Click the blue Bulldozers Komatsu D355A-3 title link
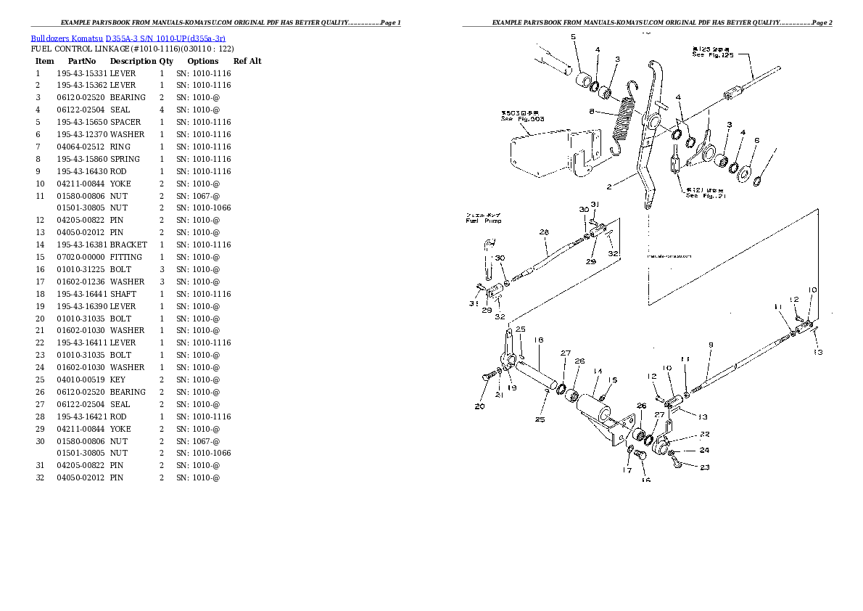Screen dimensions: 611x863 click(x=128, y=38)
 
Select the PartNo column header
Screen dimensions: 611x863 click(x=82, y=62)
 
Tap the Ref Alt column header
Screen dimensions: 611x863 click(x=247, y=62)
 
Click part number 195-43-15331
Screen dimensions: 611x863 click(x=81, y=73)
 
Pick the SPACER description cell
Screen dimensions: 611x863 click(x=125, y=122)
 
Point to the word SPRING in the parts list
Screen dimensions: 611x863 click(x=125, y=159)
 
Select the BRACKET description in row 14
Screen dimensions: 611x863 click(x=128, y=245)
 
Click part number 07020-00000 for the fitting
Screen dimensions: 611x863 click(x=81, y=257)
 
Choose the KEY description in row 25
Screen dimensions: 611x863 click(x=117, y=380)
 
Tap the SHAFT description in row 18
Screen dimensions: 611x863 click(x=123, y=294)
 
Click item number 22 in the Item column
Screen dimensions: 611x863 click(x=40, y=343)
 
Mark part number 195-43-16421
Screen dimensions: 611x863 click(x=81, y=417)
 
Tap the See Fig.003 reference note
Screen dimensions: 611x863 click(x=522, y=118)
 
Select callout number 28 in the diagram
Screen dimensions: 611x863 click(x=544, y=232)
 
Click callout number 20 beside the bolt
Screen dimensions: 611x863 click(x=479, y=406)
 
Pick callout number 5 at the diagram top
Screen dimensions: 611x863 click(x=573, y=36)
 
